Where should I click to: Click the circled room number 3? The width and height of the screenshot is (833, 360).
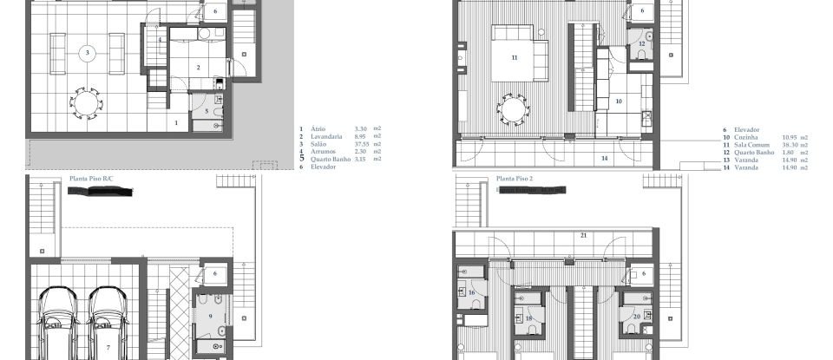tap(88, 53)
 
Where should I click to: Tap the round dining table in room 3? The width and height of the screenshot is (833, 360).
tap(86, 104)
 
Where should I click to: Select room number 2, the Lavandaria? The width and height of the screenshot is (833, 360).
tap(198, 67)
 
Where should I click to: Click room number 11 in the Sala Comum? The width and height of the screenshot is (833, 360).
tap(514, 57)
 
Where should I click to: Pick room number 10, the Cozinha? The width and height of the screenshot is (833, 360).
tap(619, 101)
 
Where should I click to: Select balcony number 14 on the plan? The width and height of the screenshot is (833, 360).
tap(605, 159)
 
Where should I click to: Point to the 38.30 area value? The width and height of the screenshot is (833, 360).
tap(790, 144)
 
